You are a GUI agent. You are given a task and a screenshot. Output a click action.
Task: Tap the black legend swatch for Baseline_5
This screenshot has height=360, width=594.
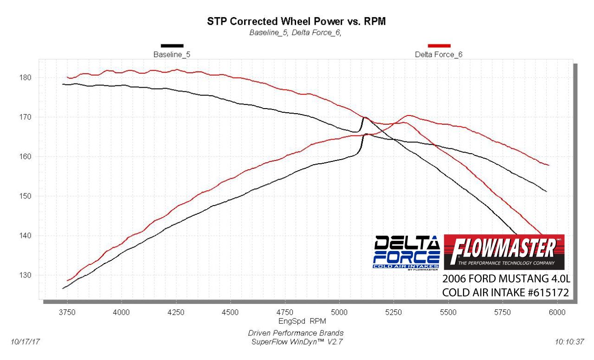pyautogui.click(x=172, y=45)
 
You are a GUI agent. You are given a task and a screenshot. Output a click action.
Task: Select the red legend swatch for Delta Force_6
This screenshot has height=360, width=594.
pyautogui.click(x=439, y=45)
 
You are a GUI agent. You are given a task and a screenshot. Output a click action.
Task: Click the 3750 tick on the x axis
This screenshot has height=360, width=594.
pyautogui.click(x=67, y=312)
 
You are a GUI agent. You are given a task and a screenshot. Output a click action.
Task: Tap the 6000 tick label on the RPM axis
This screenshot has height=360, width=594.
pyautogui.click(x=557, y=312)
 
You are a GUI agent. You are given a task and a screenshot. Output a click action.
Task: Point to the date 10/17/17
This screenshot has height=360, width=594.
pyautogui.click(x=25, y=342)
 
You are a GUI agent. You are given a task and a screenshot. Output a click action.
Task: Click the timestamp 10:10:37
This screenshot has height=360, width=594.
pyautogui.click(x=569, y=342)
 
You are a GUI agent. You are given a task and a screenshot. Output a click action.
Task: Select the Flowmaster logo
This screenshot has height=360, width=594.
pyautogui.click(x=504, y=252)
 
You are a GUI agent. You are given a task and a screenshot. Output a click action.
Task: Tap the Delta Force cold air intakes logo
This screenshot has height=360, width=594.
pyautogui.click(x=407, y=252)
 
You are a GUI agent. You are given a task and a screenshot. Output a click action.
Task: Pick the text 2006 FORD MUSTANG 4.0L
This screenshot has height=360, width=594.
pyautogui.click(x=505, y=279)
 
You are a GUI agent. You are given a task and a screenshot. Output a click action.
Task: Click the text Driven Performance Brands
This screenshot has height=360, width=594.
pyautogui.click(x=296, y=333)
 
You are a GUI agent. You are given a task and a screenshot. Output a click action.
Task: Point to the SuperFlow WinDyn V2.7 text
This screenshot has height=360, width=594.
pyautogui.click(x=296, y=342)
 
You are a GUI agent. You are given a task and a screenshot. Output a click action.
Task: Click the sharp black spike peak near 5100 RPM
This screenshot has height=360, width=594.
pyautogui.click(x=365, y=117)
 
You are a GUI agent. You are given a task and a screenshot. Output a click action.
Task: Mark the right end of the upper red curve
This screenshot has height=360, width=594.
pyautogui.click(x=549, y=165)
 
